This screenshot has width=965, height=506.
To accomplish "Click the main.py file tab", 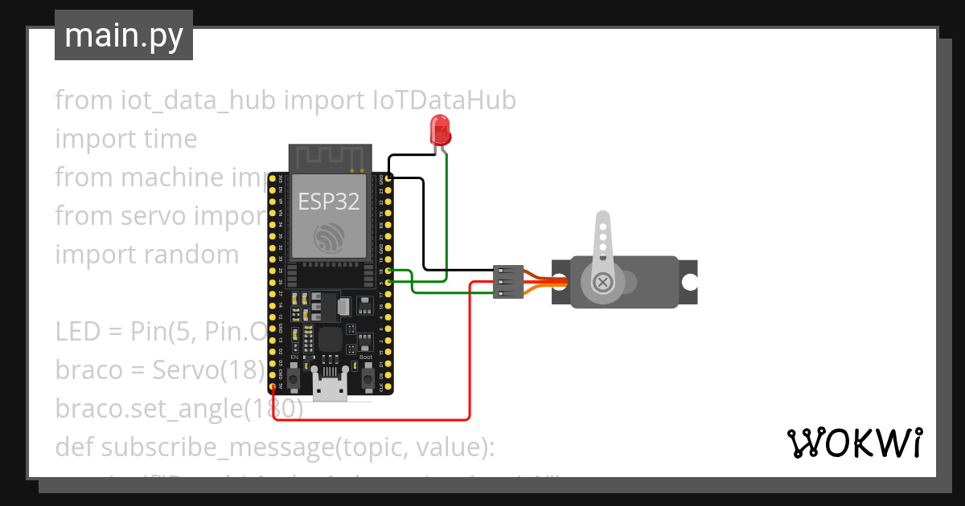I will tap(123, 35).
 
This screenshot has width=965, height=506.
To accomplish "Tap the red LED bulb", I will tap(440, 129).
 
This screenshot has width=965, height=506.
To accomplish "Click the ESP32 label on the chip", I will tap(329, 201).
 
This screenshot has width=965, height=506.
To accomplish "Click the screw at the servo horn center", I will tap(603, 282).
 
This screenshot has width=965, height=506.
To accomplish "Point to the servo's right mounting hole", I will tap(689, 282).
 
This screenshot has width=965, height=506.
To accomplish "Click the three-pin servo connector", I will tap(508, 282).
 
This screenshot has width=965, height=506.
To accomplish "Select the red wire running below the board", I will tap(370, 419).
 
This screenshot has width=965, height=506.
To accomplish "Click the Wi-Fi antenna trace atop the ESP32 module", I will tap(330, 157).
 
